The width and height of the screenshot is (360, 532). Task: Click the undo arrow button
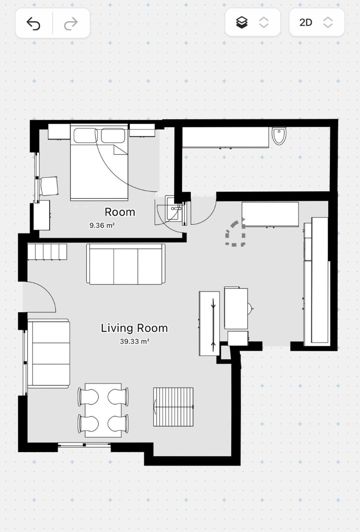click(x=33, y=23)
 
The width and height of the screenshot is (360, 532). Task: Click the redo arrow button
click(x=69, y=23)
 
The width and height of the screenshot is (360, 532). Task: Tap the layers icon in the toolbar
click(x=242, y=23)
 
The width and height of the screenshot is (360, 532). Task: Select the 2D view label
click(x=305, y=23)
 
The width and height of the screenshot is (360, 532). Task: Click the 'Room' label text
click(x=120, y=212)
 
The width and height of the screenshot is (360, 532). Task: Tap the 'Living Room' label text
click(x=134, y=328)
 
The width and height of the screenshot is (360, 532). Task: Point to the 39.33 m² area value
click(x=134, y=342)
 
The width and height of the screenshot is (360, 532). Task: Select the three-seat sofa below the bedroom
click(x=126, y=264)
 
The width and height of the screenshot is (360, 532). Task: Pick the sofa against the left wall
click(x=48, y=353)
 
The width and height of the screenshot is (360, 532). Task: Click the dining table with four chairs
click(x=104, y=409)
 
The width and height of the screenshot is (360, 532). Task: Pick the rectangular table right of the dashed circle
click(x=270, y=214)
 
